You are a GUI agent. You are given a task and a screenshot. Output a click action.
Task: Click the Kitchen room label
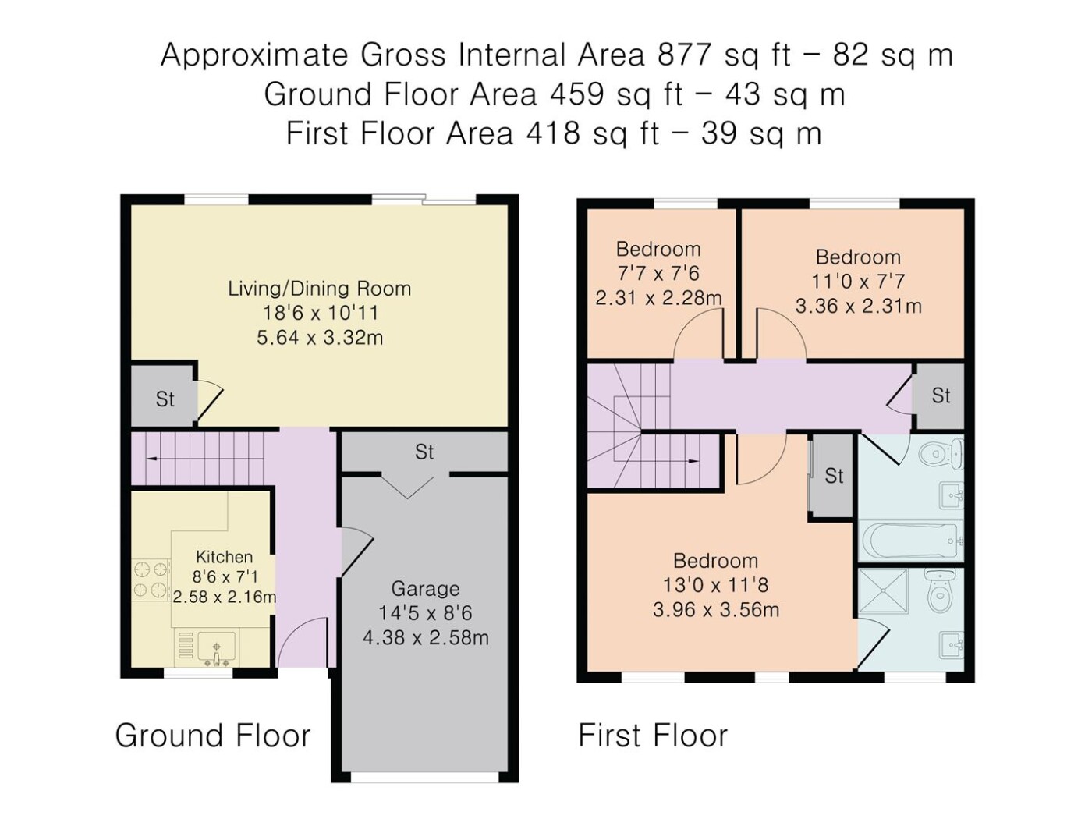[224, 556]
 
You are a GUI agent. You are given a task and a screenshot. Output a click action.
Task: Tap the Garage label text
[425, 589]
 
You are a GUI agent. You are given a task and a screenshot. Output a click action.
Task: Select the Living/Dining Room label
[319, 289]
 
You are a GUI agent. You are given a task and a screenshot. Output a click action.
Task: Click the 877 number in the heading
[685, 55]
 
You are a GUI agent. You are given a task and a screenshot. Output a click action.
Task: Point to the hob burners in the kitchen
[151, 580]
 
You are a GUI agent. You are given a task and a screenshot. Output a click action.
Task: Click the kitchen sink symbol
[216, 648]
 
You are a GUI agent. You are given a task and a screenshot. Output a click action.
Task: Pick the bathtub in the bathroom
[910, 541]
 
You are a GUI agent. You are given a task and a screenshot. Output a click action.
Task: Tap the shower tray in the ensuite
[883, 592]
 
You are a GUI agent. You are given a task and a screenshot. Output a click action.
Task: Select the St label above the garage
[424, 452]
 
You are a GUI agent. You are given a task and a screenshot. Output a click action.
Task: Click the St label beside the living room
[165, 399]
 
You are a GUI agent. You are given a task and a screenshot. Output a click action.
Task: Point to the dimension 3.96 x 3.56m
[716, 610]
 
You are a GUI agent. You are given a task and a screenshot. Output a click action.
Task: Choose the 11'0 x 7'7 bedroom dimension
[858, 282]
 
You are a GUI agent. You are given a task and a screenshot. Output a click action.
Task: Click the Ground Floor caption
[213, 736]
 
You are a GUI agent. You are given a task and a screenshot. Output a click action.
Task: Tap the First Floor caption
[653, 736]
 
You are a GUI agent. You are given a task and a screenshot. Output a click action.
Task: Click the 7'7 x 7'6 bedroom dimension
[658, 273]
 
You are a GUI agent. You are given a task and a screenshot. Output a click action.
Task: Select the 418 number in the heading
[553, 133]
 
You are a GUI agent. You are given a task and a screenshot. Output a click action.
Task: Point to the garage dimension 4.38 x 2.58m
[425, 637]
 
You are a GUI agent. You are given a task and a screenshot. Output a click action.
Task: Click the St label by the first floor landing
[941, 395]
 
